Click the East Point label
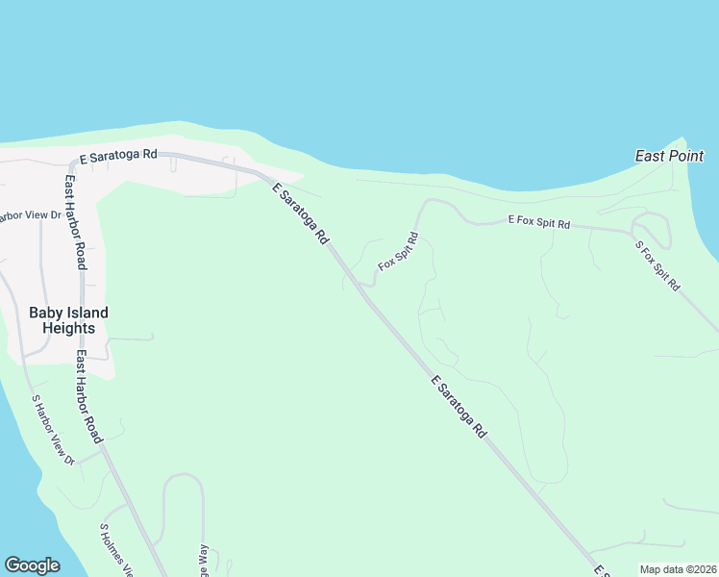(670, 156)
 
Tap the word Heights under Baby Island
(68, 328)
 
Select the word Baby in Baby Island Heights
(45, 313)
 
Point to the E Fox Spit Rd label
(538, 223)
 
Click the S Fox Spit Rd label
(658, 265)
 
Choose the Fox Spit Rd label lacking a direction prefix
(399, 251)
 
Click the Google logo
(32, 565)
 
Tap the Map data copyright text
(678, 569)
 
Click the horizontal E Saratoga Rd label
(118, 156)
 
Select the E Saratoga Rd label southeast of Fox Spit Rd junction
(459, 408)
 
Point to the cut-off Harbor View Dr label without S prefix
(30, 215)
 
